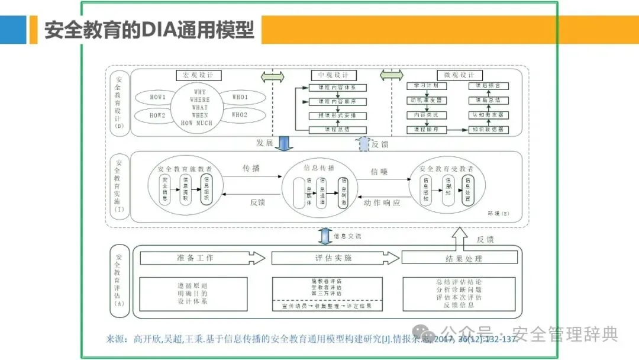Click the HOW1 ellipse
[157, 97]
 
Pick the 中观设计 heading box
[333, 75]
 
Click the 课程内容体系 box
[338, 87]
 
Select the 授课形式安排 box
[338, 115]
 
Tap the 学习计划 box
[426, 86]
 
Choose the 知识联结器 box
[488, 129]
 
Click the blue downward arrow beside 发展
[283, 143]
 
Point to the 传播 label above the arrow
[251, 168]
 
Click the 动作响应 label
[382, 202]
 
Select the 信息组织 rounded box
[206, 189]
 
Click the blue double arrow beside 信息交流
[324, 236]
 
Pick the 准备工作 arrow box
[202, 258]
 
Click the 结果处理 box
[460, 258]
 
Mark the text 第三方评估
[326, 293]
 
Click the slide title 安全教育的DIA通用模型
[149, 30]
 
